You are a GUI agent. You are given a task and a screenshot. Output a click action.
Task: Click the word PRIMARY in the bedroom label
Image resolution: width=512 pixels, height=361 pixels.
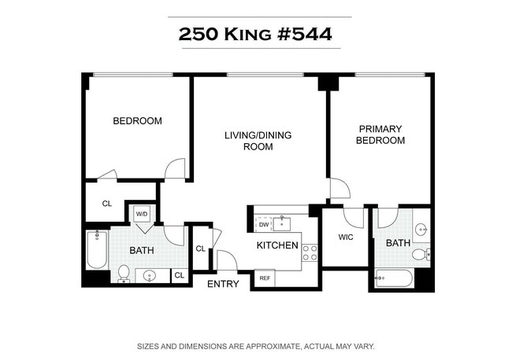380,129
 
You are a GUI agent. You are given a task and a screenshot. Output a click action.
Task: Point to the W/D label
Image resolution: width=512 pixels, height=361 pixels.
143,213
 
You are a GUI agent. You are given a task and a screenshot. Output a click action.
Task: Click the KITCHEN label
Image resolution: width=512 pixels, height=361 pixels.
277,245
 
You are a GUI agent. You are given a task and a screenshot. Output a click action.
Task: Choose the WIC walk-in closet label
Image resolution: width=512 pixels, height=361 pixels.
344,237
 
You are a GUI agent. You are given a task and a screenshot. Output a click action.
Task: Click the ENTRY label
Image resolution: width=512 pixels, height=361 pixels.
223,284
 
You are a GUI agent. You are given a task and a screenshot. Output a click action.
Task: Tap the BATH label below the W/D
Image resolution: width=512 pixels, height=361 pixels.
141,251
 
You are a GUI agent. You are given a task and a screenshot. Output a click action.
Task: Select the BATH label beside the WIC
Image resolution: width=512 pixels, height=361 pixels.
398,244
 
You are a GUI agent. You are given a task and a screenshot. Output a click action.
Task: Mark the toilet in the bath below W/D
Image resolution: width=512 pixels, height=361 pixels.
124,272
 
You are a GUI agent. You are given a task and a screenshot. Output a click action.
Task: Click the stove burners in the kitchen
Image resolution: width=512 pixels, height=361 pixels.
310,252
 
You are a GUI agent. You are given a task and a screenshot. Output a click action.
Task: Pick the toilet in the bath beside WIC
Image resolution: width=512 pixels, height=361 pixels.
423,253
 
